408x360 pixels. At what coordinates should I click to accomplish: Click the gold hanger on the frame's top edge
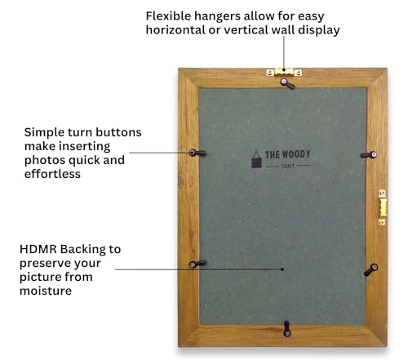click(284, 72)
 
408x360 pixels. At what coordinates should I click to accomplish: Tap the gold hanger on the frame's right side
click(383, 207)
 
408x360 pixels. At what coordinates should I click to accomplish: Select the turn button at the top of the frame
click(287, 84)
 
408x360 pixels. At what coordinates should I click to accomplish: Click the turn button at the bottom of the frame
click(287, 329)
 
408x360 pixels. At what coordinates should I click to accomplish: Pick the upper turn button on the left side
click(197, 153)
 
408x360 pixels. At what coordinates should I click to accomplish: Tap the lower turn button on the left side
click(197, 264)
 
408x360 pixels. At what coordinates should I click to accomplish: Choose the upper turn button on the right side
click(369, 155)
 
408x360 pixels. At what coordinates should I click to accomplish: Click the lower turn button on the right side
click(370, 269)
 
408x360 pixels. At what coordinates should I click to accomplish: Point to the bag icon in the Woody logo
click(256, 159)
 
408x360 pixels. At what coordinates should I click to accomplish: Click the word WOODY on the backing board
click(296, 154)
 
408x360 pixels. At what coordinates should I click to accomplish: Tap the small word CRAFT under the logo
click(288, 166)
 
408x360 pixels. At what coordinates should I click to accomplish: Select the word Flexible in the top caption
click(168, 16)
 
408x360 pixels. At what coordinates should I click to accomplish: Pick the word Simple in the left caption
click(44, 133)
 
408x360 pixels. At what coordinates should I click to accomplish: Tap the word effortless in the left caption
click(52, 174)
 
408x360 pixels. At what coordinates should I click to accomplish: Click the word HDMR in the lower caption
click(38, 249)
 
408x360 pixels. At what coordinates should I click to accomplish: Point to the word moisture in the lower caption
click(46, 291)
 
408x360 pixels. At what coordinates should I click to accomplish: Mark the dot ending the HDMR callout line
click(282, 269)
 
